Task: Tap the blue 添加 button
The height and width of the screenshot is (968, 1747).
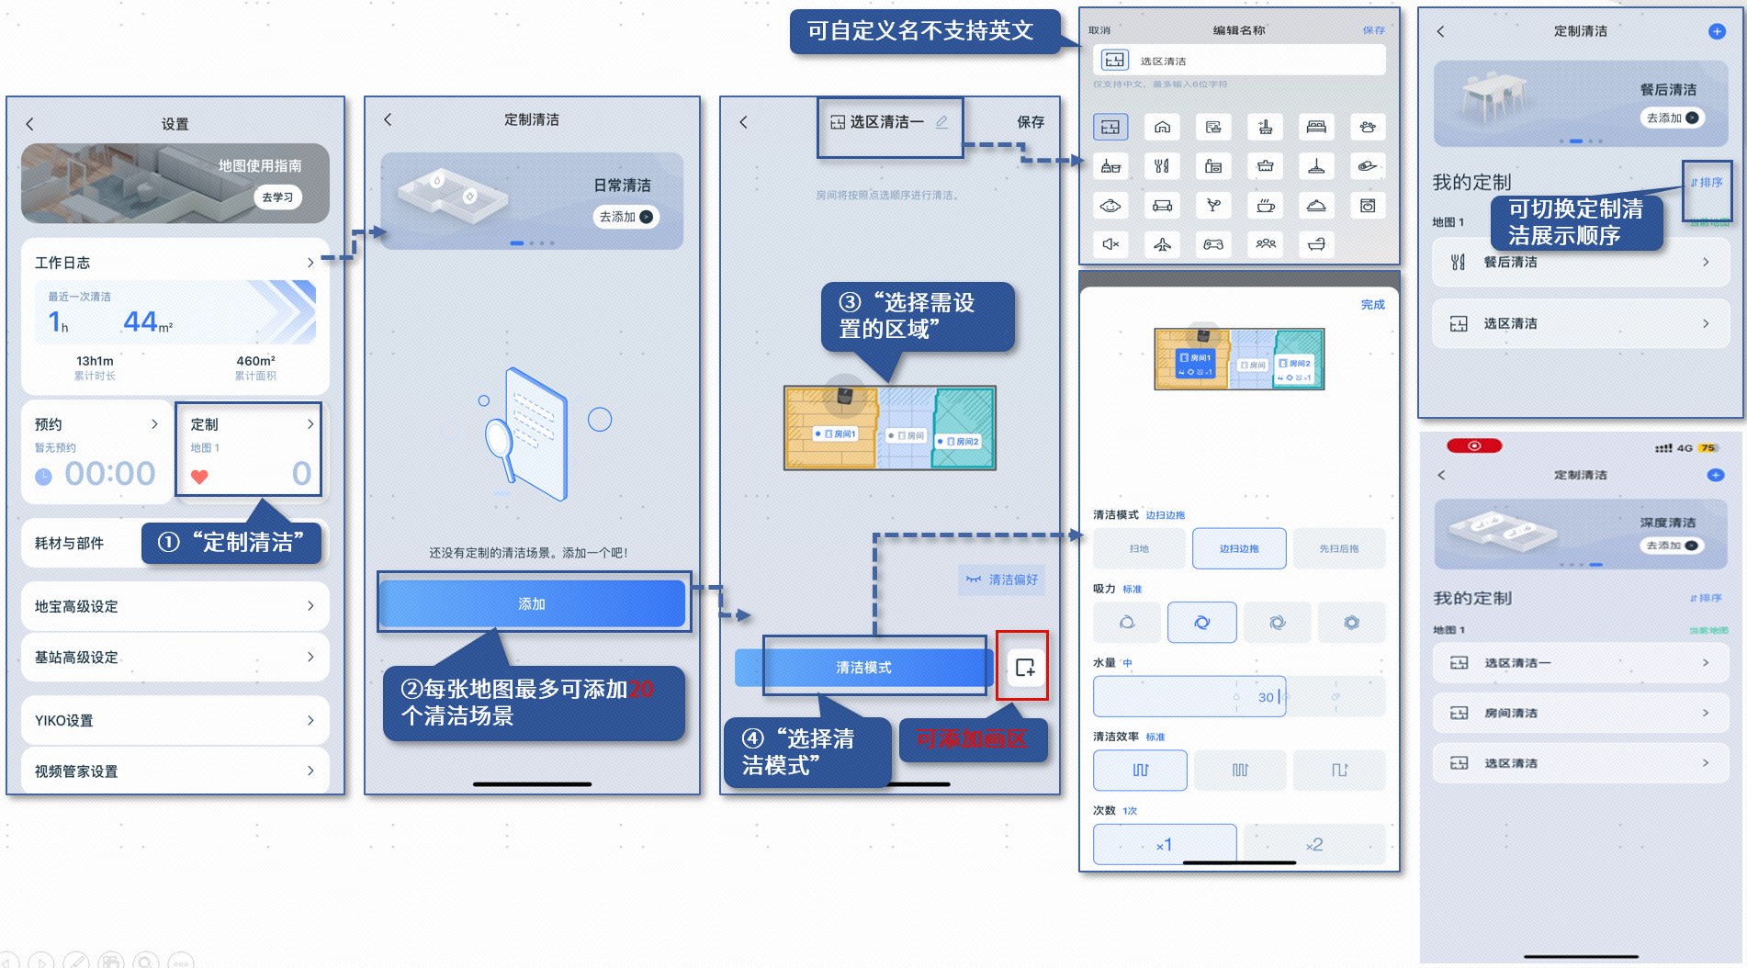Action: (532, 603)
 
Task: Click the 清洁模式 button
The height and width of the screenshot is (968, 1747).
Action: (863, 668)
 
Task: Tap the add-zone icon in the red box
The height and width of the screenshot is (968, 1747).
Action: (1024, 668)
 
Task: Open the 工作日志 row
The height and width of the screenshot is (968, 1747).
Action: (175, 263)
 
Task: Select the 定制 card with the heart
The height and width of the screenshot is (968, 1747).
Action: (248, 449)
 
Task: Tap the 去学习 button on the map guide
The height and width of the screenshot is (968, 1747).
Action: (277, 197)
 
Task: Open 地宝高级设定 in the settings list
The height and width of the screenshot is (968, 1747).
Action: (175, 606)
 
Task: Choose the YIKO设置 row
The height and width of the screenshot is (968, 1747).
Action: (175, 720)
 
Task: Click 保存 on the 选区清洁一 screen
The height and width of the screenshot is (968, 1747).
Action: (1031, 122)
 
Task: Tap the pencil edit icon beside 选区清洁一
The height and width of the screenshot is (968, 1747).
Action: (941, 122)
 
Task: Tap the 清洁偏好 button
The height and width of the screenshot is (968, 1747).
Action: (1002, 580)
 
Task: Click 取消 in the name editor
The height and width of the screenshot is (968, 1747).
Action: (1099, 30)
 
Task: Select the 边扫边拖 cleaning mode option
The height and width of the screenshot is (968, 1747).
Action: (1239, 548)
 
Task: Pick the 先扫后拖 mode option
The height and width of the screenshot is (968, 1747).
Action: (1338, 548)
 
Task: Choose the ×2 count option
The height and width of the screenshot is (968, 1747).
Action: (1314, 844)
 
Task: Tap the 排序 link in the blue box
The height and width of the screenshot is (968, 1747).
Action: (1708, 183)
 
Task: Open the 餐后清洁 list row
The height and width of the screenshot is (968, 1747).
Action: (1580, 263)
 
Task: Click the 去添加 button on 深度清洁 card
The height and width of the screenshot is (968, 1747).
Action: (1672, 546)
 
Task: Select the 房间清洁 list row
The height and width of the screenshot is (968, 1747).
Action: (1580, 713)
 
